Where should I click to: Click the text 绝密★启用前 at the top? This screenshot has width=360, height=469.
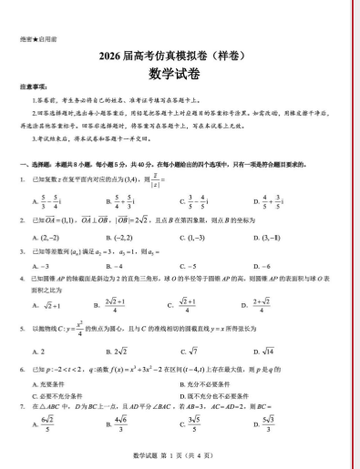pyautogui.click(x=33, y=40)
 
